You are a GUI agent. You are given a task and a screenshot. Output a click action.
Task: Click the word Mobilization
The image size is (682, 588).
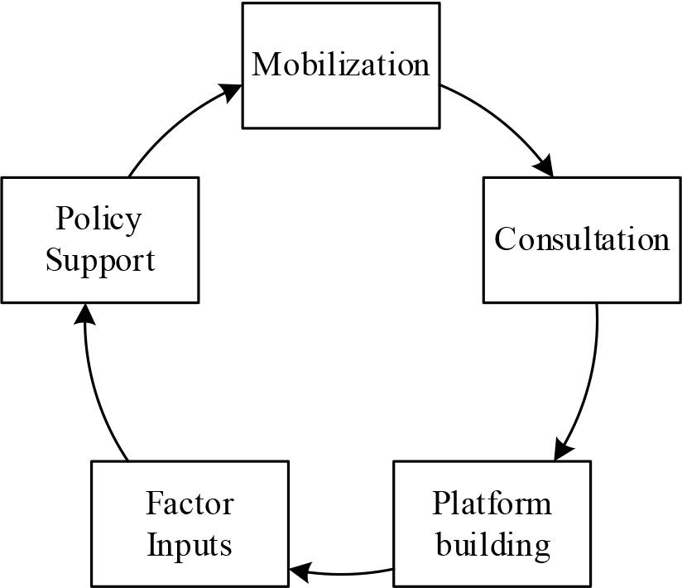click(x=341, y=65)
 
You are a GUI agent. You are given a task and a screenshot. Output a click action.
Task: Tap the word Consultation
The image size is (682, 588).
click(x=582, y=239)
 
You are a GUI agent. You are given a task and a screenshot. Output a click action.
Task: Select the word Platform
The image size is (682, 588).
click(x=492, y=504)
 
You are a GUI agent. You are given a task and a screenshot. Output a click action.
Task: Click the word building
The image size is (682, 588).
click(x=492, y=546)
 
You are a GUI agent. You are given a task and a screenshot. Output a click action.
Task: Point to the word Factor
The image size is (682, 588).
click(x=190, y=504)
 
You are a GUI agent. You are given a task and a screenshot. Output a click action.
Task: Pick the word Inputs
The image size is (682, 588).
click(x=189, y=546)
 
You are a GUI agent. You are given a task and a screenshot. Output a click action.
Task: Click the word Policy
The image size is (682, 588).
click(x=99, y=219)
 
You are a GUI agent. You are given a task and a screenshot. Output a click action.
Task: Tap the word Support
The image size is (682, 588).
click(x=99, y=260)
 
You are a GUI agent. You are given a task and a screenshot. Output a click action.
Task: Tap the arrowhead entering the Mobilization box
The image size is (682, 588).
click(x=232, y=90)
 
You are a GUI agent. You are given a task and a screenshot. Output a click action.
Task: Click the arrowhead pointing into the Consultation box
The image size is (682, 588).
click(x=544, y=166)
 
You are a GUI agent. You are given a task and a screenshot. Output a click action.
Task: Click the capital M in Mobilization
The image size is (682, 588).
click(x=265, y=65)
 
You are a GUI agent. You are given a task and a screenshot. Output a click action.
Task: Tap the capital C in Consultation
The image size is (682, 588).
click(x=505, y=239)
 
